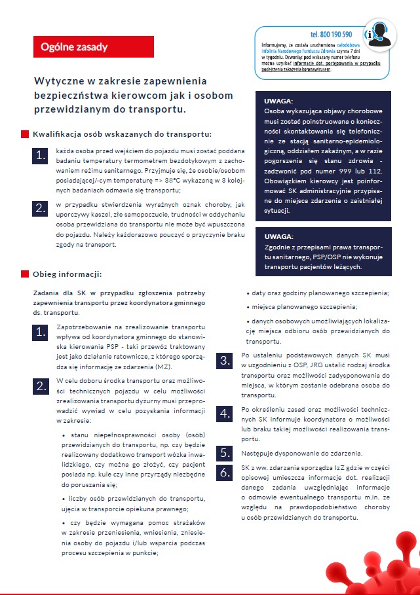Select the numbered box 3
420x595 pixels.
[225, 361]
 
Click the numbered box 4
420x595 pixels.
[225, 413]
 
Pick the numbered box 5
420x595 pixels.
[225, 453]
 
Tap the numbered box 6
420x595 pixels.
[225, 473]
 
